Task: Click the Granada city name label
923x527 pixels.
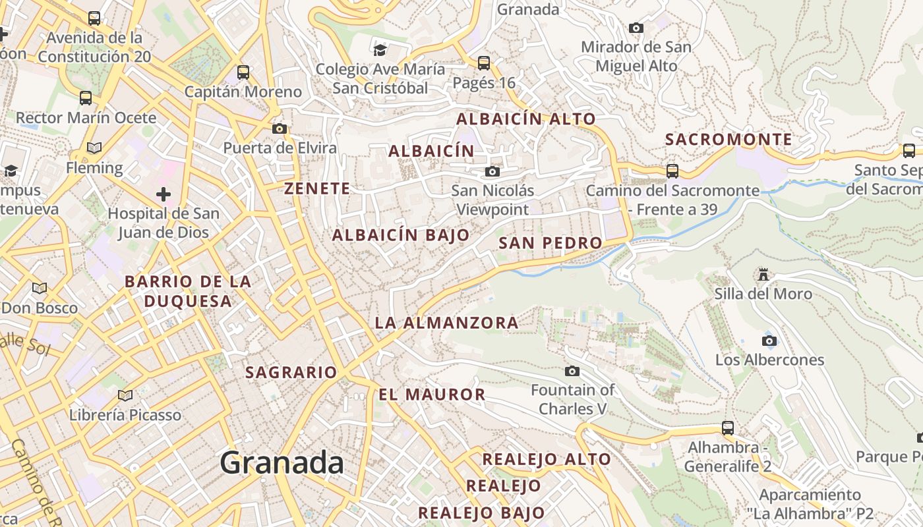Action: (282, 462)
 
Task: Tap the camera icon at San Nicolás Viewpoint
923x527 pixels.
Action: (492, 172)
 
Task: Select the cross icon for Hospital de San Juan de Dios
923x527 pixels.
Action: (164, 194)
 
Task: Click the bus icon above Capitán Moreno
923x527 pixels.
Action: (243, 72)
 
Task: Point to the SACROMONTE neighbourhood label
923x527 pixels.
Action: (729, 140)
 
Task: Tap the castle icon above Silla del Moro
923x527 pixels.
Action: (763, 274)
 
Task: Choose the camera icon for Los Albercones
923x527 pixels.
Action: (769, 341)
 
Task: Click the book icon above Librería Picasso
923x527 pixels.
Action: (125, 395)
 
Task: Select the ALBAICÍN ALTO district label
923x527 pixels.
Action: (526, 119)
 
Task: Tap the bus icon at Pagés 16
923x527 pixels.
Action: (484, 63)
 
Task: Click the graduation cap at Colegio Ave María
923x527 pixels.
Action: (380, 51)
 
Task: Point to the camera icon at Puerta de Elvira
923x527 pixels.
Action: (280, 128)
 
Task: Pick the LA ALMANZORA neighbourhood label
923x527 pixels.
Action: (446, 323)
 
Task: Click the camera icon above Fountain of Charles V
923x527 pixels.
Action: (572, 371)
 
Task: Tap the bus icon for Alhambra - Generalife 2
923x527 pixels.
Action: (728, 428)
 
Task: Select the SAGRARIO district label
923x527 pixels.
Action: (291, 372)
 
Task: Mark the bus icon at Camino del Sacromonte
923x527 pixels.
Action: (672, 171)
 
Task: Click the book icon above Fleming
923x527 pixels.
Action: (94, 148)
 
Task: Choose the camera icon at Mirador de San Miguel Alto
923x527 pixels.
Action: (636, 28)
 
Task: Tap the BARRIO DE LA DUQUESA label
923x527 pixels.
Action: (188, 291)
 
